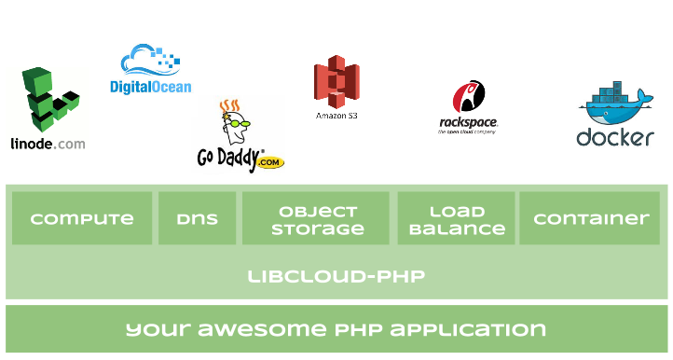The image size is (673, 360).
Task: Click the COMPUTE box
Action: (x=82, y=218)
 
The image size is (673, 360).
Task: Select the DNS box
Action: (x=197, y=218)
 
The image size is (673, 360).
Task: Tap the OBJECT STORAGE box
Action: (x=316, y=218)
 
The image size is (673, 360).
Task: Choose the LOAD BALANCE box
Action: (x=456, y=218)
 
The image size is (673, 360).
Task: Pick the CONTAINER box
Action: (x=590, y=218)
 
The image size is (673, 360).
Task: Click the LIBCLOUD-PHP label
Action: (x=336, y=276)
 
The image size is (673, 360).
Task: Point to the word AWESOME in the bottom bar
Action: (x=262, y=329)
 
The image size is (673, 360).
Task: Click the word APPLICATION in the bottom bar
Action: (x=468, y=329)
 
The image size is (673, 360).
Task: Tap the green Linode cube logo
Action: (x=50, y=99)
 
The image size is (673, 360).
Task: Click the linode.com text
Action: (x=48, y=144)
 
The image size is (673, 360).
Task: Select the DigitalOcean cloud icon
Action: (x=150, y=60)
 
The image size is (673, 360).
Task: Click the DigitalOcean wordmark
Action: (x=151, y=87)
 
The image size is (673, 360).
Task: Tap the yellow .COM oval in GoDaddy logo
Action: (x=269, y=162)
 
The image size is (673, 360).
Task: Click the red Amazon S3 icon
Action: (x=336, y=82)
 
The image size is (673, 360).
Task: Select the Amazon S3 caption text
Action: (x=336, y=116)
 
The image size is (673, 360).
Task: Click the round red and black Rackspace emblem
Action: (x=469, y=96)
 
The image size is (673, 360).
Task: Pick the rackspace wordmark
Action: (x=468, y=123)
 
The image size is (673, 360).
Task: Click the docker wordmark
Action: (x=615, y=138)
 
